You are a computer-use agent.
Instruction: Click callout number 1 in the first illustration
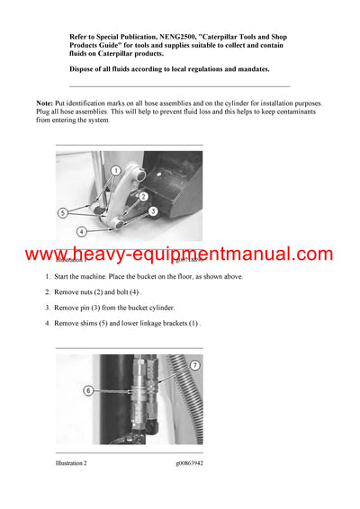pos(116,169)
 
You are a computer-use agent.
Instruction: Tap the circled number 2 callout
pos(142,196)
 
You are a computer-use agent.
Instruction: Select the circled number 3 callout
pos(153,211)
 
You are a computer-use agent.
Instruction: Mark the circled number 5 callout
pos(62,213)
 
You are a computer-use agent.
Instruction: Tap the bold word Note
pos(45,104)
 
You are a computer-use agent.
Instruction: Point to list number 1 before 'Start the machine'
pos(48,277)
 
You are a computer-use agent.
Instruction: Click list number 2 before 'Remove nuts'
pos(48,292)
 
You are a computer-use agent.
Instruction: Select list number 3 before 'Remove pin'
pos(48,308)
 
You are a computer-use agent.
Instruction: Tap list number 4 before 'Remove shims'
pos(48,323)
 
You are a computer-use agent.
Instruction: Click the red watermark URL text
pos(179,254)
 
